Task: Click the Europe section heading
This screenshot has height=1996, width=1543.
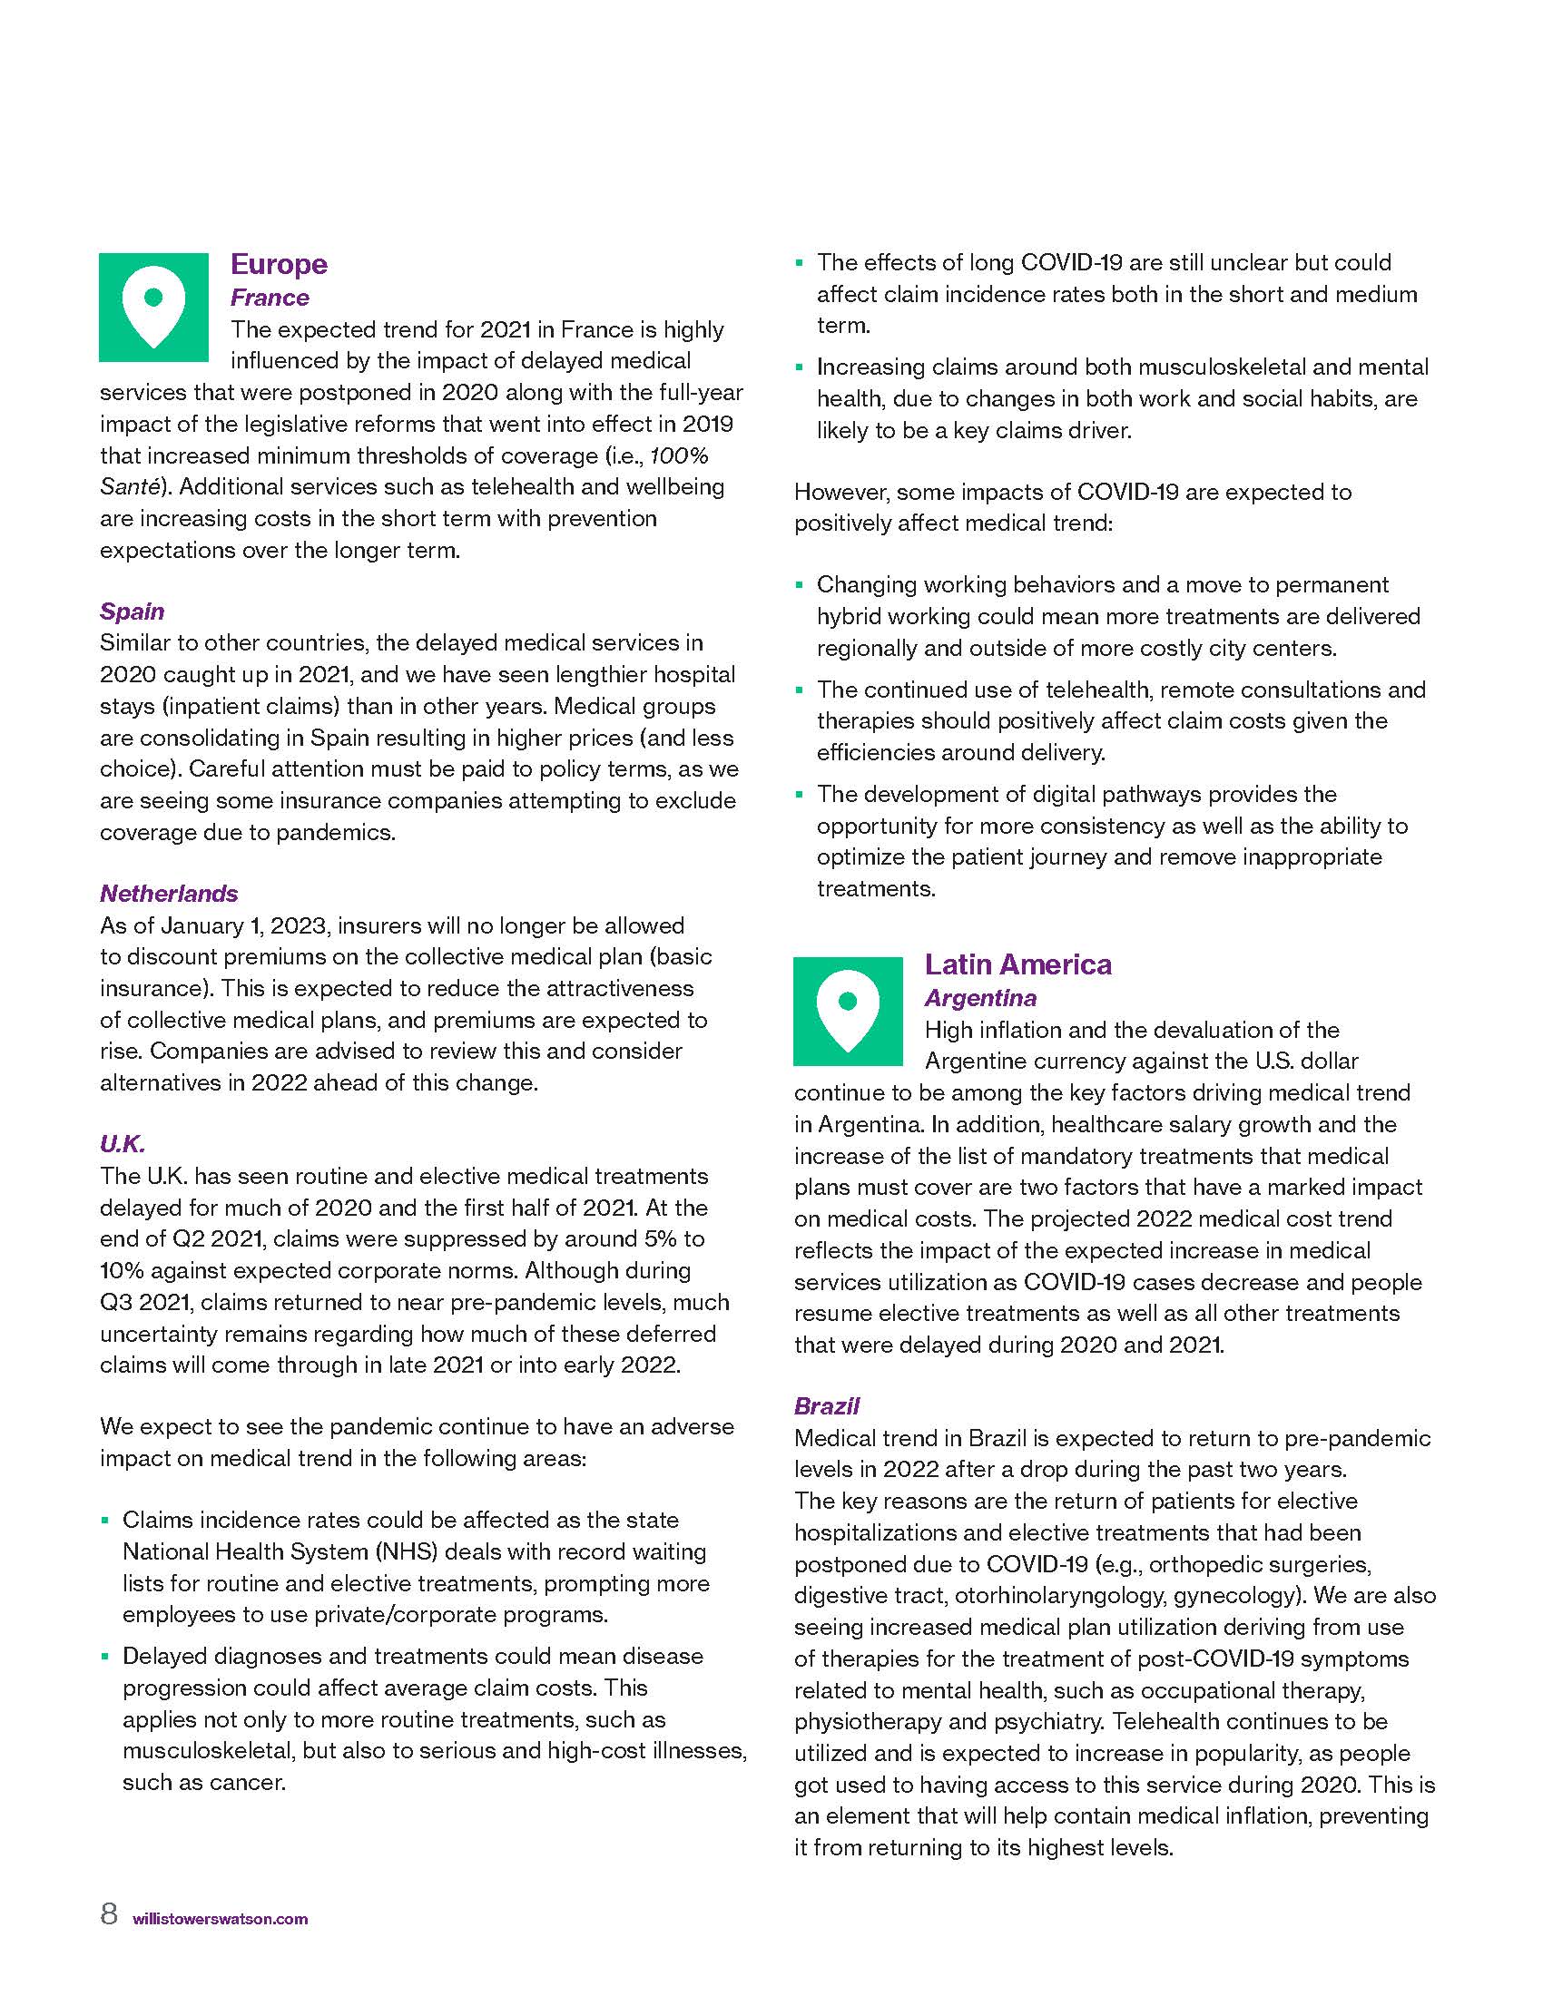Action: pos(278,264)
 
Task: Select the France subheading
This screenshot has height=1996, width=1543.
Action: pos(269,297)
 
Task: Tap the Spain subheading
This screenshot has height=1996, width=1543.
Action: pos(132,612)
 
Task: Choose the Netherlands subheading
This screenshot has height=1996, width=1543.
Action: pos(168,893)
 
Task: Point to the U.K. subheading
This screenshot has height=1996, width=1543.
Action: pos(123,1144)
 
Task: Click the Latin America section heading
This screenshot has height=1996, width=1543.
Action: pos(1017,964)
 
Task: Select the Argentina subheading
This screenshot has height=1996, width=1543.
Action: pos(980,998)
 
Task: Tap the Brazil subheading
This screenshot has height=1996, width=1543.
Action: pos(826,1405)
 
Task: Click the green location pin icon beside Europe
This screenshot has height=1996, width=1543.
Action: pos(153,307)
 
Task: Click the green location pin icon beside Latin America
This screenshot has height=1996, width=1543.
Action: pos(848,1011)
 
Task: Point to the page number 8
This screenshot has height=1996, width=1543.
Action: pos(109,1913)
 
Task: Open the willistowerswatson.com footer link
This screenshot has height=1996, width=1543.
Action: pos(221,1918)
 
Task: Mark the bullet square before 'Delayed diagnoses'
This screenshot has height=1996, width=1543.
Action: pos(105,1655)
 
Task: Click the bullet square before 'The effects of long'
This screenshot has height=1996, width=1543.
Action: pos(799,263)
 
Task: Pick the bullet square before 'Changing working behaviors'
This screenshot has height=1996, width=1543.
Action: pos(799,585)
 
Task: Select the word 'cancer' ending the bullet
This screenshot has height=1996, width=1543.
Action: pos(251,1782)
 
